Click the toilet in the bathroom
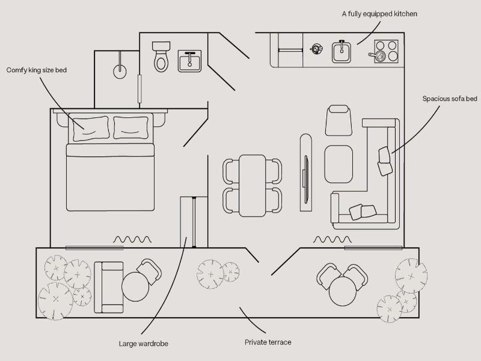pos(161,57)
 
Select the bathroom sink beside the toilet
pos(189,61)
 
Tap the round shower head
pos(120,72)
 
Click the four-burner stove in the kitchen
pos(386,51)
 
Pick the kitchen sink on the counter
pos(342,52)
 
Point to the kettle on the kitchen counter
pos(316,49)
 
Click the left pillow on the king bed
pos(91,128)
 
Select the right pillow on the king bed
pos(131,128)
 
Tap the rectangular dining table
pos(252,186)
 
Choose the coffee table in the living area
pos(339,164)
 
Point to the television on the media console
pos(306,179)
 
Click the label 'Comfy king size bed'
pos(37,70)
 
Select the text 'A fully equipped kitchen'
pos(379,14)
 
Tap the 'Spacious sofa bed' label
pos(450,99)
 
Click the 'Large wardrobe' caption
pos(144,344)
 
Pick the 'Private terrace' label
pos(268,342)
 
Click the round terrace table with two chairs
pos(343,291)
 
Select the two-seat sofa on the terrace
pos(109,288)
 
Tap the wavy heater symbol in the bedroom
pos(132,239)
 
